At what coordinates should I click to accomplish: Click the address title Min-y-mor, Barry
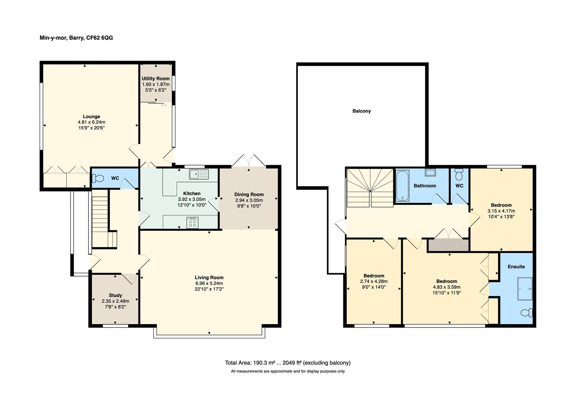pos(76,38)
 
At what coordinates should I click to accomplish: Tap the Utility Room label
pos(156,79)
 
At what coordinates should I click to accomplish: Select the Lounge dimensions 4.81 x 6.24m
pos(91,122)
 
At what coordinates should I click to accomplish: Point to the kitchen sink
pos(199,174)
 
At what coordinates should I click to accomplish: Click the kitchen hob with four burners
pos(193,222)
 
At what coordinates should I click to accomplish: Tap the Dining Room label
pos(249,195)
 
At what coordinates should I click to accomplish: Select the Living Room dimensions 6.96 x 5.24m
pos(209,283)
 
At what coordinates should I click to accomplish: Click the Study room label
pos(115,295)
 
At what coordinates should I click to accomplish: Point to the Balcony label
pos(361,111)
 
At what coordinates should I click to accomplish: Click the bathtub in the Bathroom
pos(402,186)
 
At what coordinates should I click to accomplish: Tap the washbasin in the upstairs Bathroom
pos(431,172)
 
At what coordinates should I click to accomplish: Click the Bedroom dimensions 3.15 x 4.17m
pos(501,211)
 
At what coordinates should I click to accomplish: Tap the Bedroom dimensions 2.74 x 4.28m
pos(374,282)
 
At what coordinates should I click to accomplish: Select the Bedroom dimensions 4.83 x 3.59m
pos(446,287)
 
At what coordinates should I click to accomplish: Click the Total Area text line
pos(287,363)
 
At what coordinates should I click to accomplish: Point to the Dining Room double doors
pos(249,160)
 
